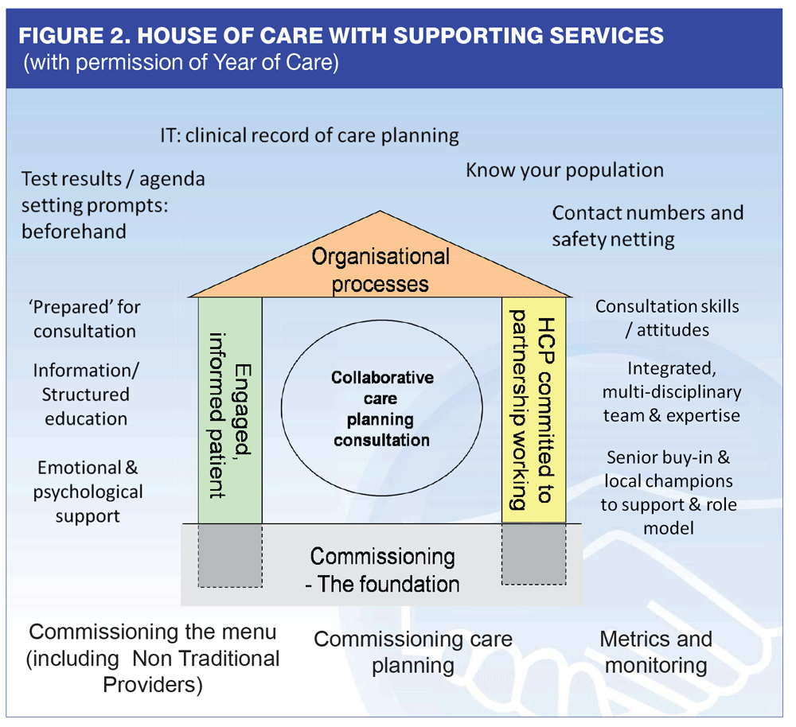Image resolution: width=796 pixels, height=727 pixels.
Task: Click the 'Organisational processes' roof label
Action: (x=380, y=270)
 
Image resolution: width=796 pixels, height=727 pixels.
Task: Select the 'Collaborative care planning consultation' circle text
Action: (x=382, y=408)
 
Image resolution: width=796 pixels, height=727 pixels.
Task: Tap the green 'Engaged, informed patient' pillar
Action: (x=230, y=410)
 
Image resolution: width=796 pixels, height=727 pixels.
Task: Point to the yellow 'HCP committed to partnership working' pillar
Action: (x=533, y=410)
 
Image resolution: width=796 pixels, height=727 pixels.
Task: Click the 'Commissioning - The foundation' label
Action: (x=382, y=570)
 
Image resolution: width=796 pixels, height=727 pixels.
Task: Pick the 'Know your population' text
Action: (x=565, y=170)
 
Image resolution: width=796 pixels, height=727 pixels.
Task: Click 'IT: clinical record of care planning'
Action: (x=310, y=136)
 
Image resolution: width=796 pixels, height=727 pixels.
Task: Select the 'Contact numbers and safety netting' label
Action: (x=648, y=226)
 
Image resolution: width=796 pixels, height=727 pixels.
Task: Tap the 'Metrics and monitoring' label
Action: (x=656, y=652)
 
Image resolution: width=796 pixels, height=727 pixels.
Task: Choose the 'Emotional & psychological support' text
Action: (x=88, y=492)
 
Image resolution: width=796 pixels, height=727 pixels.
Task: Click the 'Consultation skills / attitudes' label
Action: (x=667, y=318)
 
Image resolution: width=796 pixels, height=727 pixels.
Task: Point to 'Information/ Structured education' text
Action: (x=86, y=395)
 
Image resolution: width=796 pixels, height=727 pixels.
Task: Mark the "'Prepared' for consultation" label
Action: (x=84, y=319)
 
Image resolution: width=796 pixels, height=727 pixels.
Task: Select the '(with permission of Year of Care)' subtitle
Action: (x=181, y=62)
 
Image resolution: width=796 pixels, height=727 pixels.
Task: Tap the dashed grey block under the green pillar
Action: (x=230, y=555)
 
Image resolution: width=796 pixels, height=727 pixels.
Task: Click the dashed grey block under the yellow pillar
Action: (x=533, y=554)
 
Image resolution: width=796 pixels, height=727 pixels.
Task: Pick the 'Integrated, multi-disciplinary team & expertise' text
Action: (x=672, y=392)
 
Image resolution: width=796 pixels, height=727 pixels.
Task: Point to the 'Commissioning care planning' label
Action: (x=413, y=652)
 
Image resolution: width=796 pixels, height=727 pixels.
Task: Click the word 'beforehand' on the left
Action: (x=74, y=231)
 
